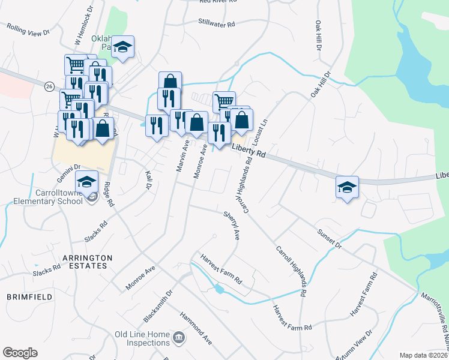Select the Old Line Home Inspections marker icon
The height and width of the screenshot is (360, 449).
click(x=179, y=338)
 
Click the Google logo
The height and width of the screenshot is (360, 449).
click(x=20, y=353)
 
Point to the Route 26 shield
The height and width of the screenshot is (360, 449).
click(x=49, y=86)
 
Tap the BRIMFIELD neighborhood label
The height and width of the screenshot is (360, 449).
click(x=25, y=296)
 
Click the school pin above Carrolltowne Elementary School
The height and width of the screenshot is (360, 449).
click(x=87, y=180)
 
